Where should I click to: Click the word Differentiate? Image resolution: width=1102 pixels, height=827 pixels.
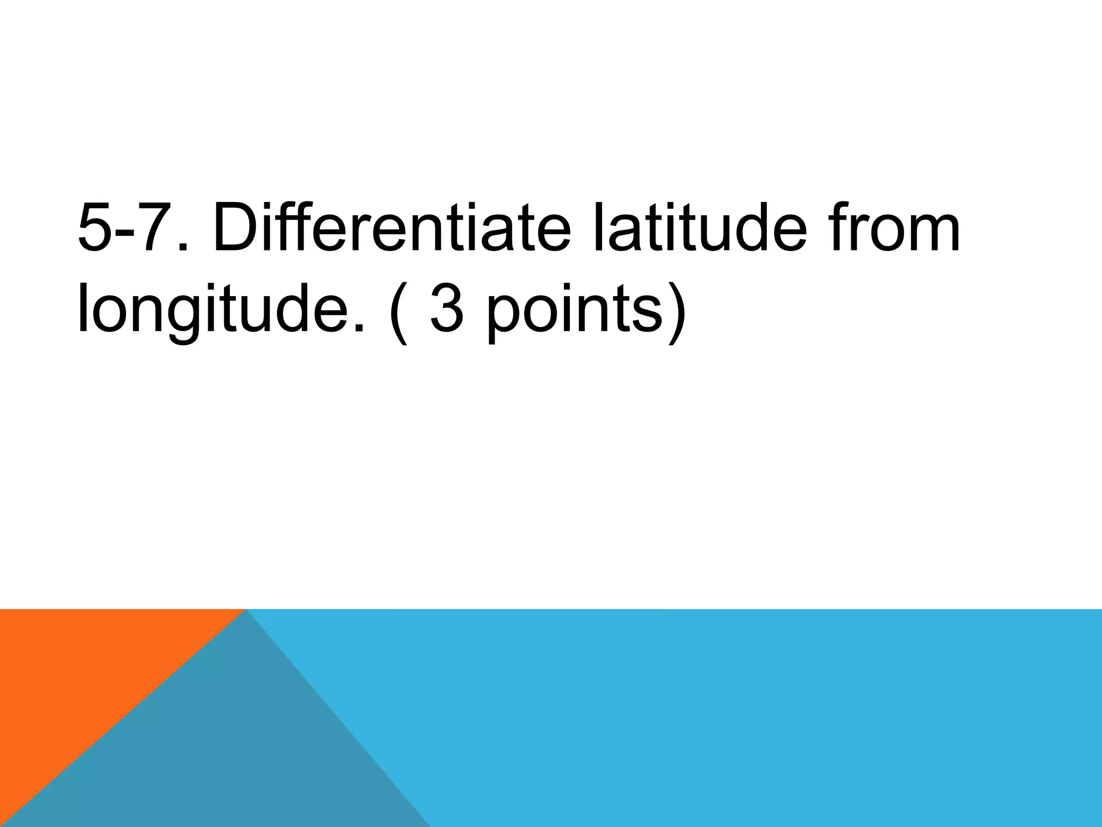pyautogui.click(x=392, y=228)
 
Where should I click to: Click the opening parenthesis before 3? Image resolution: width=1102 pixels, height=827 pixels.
pyautogui.click(x=397, y=312)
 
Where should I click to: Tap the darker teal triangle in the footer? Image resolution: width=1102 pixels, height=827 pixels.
pyautogui.click(x=226, y=754)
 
